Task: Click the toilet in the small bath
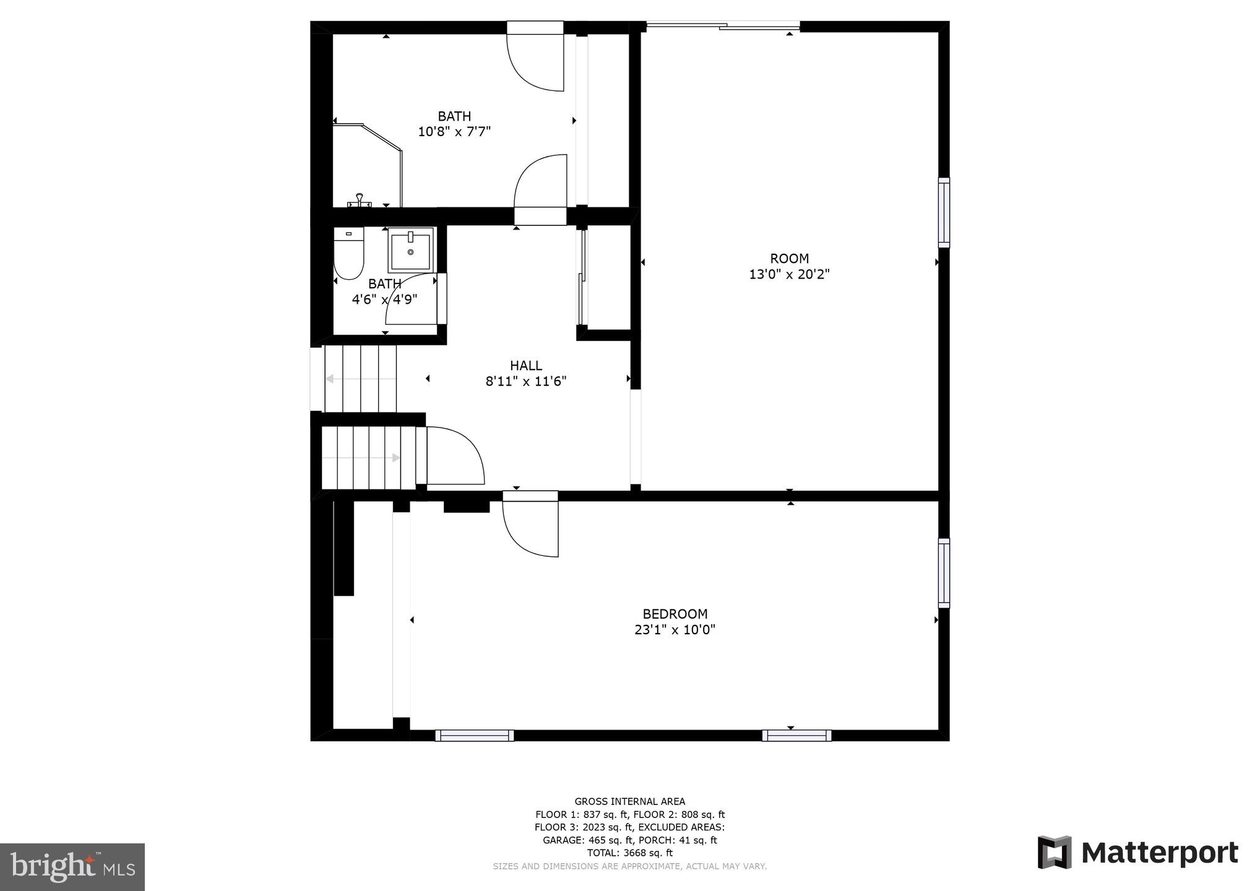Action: click(x=348, y=254)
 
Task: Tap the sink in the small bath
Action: click(x=410, y=250)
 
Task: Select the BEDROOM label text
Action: click(x=675, y=614)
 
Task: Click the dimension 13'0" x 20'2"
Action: click(x=789, y=274)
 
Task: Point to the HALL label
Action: click(x=526, y=365)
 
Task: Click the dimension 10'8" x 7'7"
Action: click(x=454, y=132)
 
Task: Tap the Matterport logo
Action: click(x=1137, y=853)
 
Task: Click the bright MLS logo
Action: click(x=72, y=866)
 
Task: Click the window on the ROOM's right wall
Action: click(x=944, y=212)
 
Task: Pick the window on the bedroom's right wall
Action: click(x=944, y=572)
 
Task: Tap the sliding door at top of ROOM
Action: click(x=723, y=26)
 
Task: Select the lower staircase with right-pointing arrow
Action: click(x=369, y=458)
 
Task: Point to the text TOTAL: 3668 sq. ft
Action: click(x=629, y=853)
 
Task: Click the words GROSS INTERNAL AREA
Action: click(x=629, y=801)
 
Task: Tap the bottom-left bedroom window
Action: click(x=475, y=735)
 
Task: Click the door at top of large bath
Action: click(x=536, y=59)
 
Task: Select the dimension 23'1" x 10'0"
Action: click(x=675, y=630)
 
